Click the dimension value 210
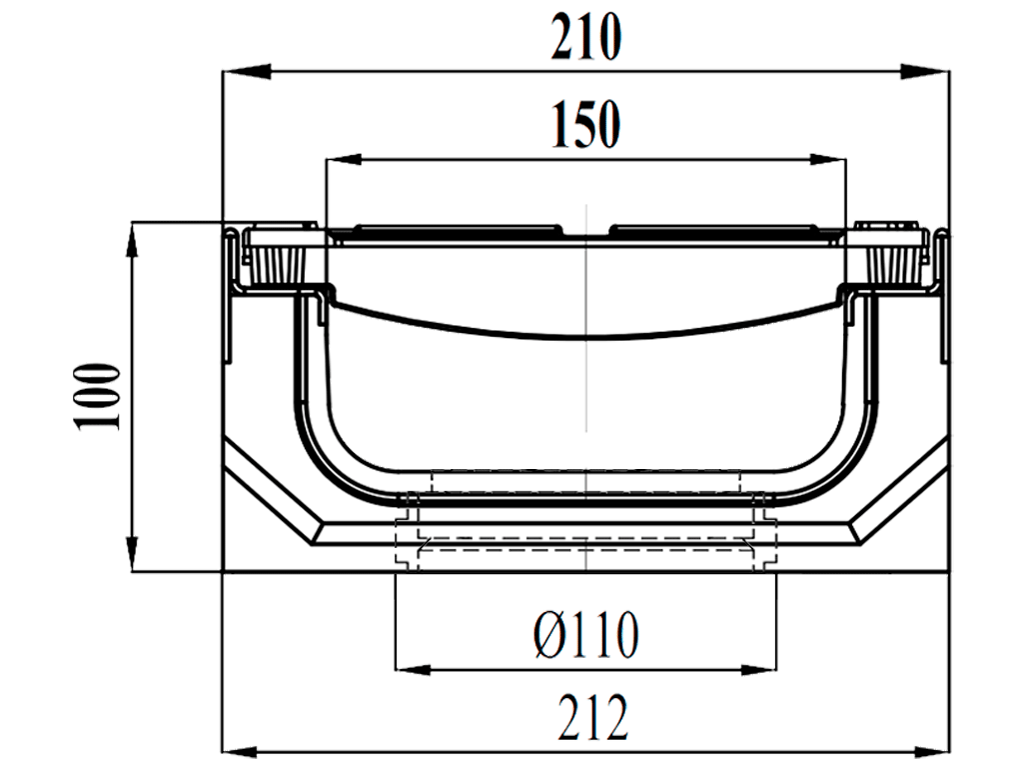(x=585, y=40)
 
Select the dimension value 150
(x=585, y=126)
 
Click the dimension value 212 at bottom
(x=585, y=718)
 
